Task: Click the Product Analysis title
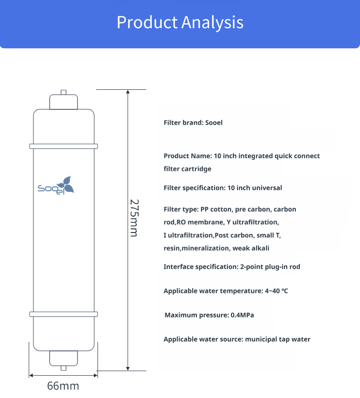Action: click(x=180, y=22)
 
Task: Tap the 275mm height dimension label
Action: click(x=133, y=217)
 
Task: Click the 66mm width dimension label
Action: click(x=63, y=386)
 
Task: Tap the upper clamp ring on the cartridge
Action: click(x=63, y=146)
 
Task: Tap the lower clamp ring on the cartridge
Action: click(x=63, y=314)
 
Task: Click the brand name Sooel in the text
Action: click(x=214, y=123)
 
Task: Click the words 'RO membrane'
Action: click(x=201, y=222)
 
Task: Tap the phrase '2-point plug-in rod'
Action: click(x=270, y=267)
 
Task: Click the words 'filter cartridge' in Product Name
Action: click(x=187, y=169)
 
